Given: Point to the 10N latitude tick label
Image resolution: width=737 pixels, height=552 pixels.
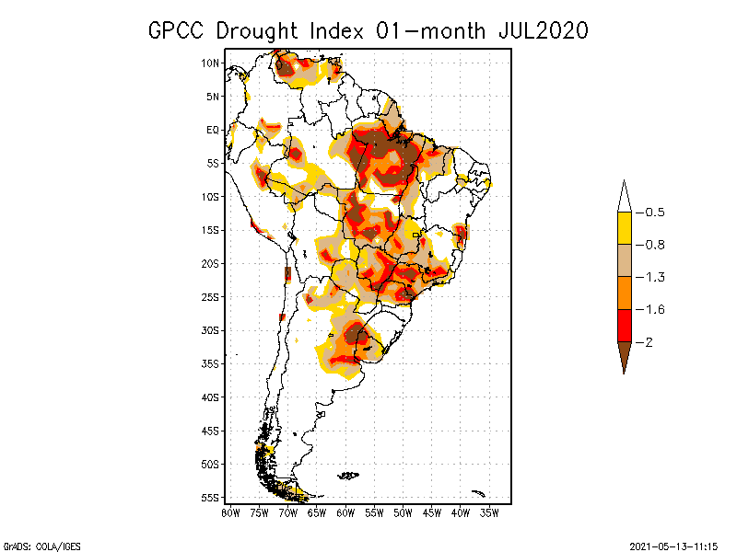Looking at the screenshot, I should coord(210,63).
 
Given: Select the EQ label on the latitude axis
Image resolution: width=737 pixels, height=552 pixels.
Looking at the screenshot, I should coord(212,130).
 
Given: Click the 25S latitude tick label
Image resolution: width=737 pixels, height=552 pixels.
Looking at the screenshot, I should coord(210,296).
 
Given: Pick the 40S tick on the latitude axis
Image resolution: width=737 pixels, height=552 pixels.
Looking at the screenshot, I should coord(210,397).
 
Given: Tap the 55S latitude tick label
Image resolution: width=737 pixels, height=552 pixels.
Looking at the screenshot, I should coord(210,497).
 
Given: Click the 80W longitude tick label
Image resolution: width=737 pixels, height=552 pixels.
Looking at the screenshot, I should coord(230,512).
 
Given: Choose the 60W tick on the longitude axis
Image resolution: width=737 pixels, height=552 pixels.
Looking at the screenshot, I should coord(345,512).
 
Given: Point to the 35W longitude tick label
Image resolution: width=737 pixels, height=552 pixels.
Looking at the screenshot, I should coord(489,512).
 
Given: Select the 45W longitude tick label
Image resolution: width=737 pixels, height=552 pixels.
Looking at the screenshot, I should coord(432,512).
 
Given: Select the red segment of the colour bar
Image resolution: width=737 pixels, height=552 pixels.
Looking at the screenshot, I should coord(624,325).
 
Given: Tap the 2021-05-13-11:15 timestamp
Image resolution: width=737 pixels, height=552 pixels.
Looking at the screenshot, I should coord(675,545).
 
